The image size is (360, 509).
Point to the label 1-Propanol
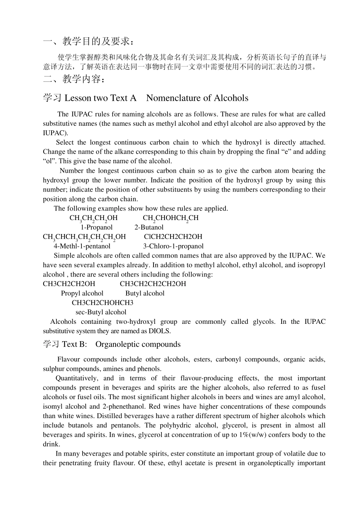(x=97, y=227)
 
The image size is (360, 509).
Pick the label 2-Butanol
(x=149, y=227)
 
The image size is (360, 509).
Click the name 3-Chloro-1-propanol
(x=173, y=246)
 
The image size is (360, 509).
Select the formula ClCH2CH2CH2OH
(x=173, y=237)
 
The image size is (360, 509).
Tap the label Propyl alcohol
(x=82, y=293)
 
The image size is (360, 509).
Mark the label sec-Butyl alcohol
(x=101, y=312)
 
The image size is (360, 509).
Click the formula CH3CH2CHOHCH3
(x=102, y=303)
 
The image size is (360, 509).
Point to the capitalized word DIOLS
(x=159, y=331)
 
